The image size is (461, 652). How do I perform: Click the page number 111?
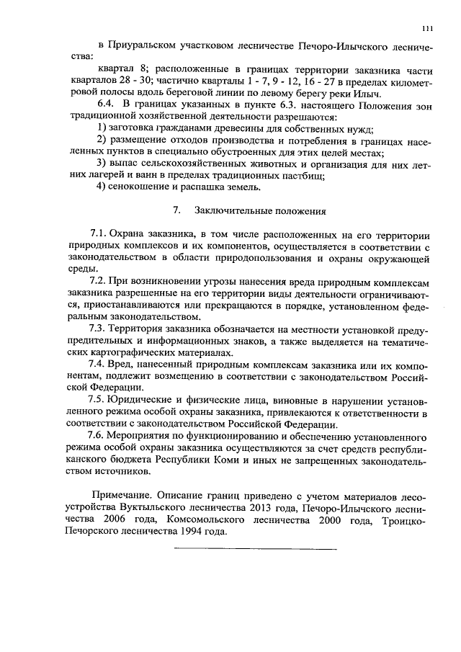click(427, 28)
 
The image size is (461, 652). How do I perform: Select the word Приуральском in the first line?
click(144, 46)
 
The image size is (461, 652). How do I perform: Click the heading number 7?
click(175, 211)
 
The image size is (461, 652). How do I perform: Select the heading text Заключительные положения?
click(260, 211)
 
